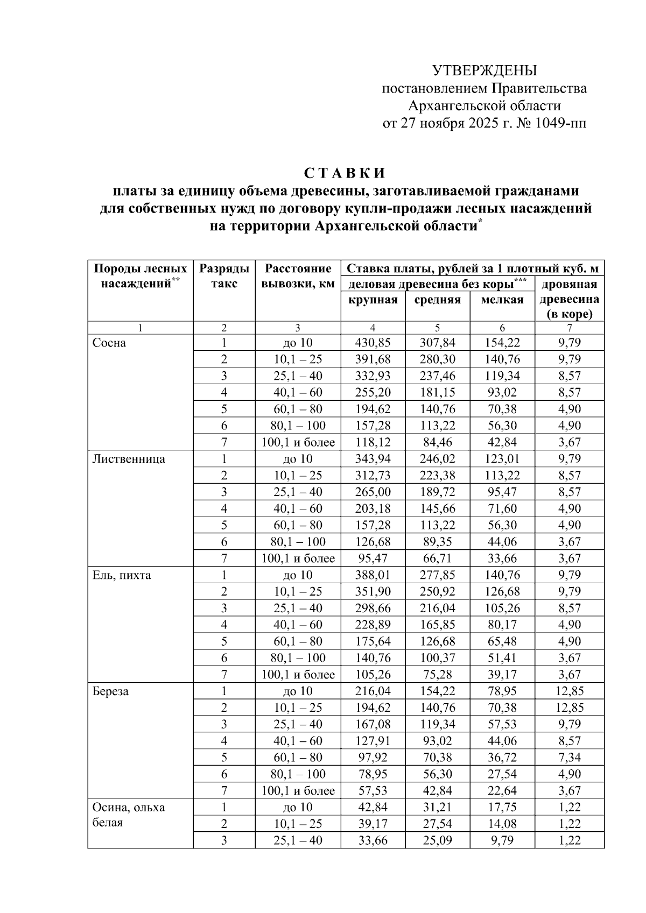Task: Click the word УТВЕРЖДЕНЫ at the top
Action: [484, 70]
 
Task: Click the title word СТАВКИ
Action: [345, 173]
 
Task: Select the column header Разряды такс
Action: [224, 275]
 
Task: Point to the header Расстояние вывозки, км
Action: [298, 275]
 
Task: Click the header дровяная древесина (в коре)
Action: [569, 299]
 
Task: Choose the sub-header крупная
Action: [373, 300]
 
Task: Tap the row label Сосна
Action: [109, 343]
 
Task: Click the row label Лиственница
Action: [129, 459]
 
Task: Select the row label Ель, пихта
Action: [122, 575]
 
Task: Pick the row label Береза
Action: [110, 691]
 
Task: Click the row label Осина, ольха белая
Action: [129, 815]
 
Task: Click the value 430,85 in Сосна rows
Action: [373, 343]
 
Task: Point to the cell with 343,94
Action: [373, 459]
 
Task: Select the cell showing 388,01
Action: [373, 575]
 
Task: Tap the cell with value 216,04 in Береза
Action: [373, 691]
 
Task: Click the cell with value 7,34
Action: [569, 758]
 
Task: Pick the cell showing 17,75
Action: [502, 807]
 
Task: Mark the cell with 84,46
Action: [437, 442]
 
